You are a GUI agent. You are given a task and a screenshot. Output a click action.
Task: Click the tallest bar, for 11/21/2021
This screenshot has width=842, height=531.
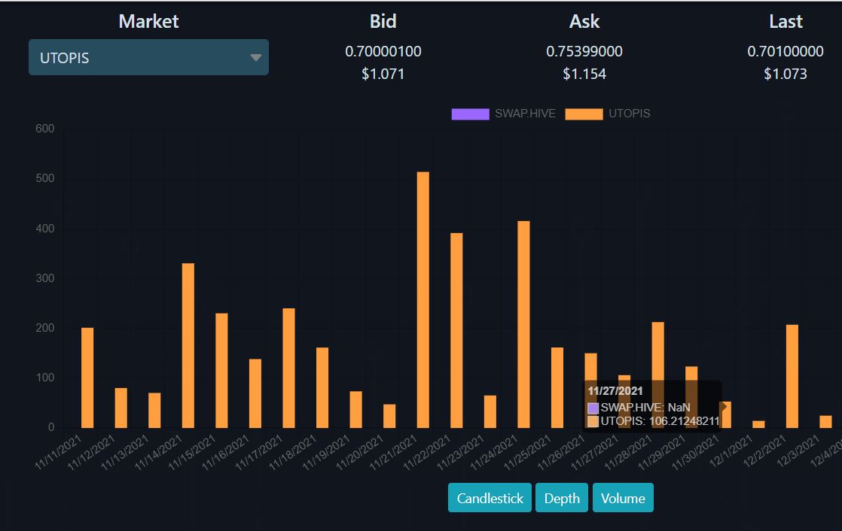[x=423, y=300]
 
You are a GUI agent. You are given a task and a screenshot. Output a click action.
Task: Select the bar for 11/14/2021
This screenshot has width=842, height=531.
[x=188, y=345]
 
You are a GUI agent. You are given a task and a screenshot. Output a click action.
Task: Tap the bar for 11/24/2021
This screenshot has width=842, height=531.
[x=523, y=324]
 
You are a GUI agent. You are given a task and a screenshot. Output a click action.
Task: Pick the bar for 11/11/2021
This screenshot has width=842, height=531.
[x=87, y=378]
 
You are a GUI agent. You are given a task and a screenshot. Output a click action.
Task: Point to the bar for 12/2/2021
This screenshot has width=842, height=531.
[x=792, y=377]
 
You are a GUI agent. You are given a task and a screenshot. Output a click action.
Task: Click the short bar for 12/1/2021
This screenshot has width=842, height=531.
[x=758, y=424]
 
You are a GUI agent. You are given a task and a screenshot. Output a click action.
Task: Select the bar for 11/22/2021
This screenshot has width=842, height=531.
[x=456, y=330]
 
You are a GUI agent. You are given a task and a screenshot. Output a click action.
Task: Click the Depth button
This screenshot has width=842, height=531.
[x=562, y=498]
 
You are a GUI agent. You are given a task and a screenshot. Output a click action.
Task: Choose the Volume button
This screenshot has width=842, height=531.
[x=623, y=498]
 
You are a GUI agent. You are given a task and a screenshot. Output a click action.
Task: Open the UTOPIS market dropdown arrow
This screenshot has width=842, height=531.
[x=255, y=57]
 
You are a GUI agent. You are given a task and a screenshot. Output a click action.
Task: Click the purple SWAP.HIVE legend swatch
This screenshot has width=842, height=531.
[x=471, y=114]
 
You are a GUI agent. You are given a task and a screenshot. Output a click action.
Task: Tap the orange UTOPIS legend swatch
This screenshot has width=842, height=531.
[x=584, y=114]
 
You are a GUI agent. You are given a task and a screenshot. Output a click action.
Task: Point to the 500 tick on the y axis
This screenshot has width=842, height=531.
[x=45, y=178]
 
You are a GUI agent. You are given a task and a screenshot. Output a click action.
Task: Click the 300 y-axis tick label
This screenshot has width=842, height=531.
[x=45, y=278]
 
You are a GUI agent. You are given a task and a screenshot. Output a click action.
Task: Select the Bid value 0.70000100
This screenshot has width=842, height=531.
[x=383, y=51]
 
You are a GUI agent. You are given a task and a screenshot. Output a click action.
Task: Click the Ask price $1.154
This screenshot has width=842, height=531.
[x=584, y=74]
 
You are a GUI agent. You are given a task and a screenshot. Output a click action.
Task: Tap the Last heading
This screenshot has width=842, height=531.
[x=786, y=22]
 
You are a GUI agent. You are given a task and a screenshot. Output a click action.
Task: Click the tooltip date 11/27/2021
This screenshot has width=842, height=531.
[x=615, y=391]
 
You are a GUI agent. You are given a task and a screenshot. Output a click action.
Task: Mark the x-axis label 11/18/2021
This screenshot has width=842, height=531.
[x=293, y=454]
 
